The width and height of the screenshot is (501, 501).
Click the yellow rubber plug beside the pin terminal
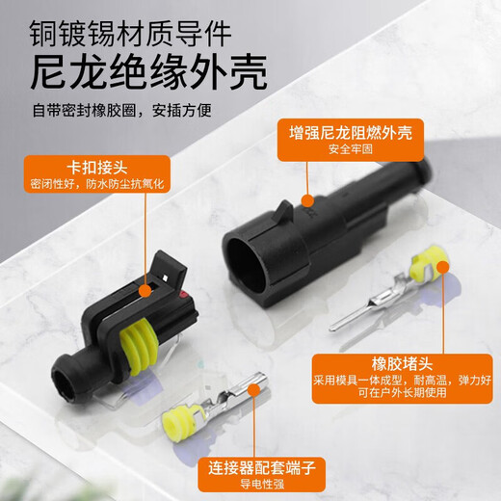click(x=426, y=265)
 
